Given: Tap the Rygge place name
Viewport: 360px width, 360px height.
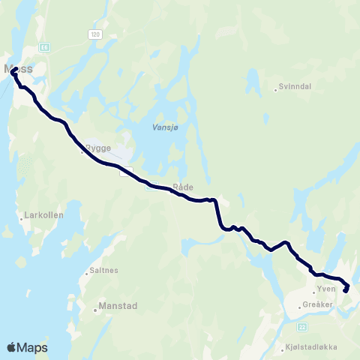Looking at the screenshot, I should (99, 148).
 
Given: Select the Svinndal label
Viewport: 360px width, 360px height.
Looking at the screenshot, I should (295, 87).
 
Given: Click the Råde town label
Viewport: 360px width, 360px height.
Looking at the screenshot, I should (183, 187).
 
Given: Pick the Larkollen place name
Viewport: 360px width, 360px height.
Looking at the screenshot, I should (43, 214).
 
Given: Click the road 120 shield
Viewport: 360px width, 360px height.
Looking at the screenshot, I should (94, 34).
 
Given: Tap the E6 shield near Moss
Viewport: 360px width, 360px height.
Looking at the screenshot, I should (44, 46).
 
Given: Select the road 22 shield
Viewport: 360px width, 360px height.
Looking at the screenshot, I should (303, 326).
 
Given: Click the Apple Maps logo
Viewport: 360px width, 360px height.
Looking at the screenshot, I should (27, 347).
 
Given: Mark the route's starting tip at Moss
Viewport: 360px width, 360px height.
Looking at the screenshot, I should (15, 69).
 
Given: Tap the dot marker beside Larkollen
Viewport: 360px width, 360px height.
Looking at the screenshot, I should (19, 220).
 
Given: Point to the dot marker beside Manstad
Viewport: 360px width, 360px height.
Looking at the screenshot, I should (94, 307).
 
